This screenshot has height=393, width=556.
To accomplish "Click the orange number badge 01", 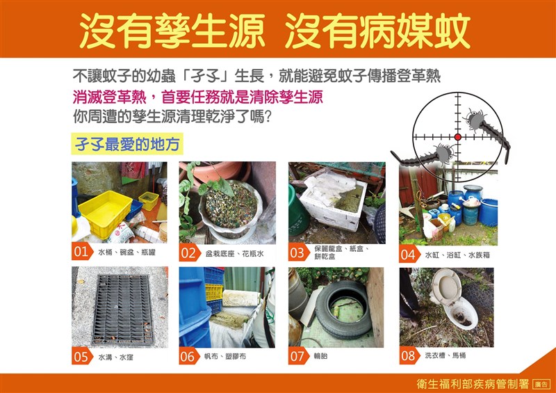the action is click(81, 252).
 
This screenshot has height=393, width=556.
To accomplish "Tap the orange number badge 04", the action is click(409, 254).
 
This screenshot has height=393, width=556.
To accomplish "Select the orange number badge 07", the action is click(298, 356).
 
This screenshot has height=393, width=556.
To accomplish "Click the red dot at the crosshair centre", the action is click(458, 137).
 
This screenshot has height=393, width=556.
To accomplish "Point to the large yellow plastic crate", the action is click(106, 213).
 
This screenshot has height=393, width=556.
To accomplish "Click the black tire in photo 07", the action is click(343, 309).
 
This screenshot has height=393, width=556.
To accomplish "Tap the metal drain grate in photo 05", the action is click(123, 310).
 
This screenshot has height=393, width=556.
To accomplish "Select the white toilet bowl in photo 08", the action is click(454, 300).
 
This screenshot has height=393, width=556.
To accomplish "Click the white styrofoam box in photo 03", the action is click(333, 206).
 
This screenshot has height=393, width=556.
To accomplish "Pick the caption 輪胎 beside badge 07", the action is click(320, 355).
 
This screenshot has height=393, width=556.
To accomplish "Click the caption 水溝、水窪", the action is click(115, 357).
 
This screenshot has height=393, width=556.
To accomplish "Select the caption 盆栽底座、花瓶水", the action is click(234, 253).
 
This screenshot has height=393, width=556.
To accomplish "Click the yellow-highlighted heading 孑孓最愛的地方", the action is click(127, 144).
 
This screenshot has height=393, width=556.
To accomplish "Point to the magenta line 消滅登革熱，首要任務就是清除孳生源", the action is click(198, 97).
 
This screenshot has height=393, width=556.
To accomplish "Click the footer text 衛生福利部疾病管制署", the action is click(473, 384).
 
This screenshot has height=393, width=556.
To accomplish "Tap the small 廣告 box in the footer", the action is click(542, 384).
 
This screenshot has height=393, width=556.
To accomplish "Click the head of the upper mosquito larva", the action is click(473, 119).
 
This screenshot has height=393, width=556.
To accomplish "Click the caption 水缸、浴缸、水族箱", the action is click(457, 255).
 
